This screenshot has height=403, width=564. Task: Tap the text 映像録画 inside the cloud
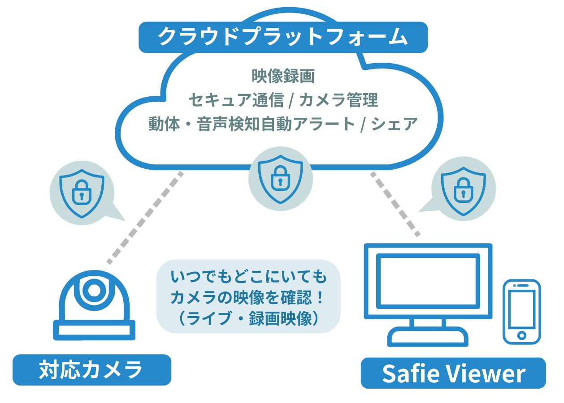(x=283, y=76)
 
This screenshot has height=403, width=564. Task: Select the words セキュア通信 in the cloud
(x=236, y=100)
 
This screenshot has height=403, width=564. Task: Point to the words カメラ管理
(x=338, y=100)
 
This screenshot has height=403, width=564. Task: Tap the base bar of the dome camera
(x=94, y=330)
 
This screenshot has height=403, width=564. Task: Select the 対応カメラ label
(x=91, y=370)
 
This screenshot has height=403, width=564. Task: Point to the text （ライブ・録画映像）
(x=249, y=318)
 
